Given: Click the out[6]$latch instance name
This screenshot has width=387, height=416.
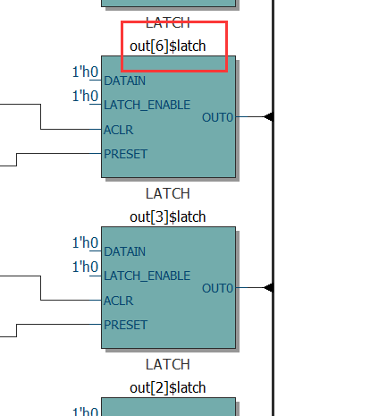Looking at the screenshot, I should [x=168, y=46].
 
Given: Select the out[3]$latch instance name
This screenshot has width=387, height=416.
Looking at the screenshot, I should [x=168, y=216].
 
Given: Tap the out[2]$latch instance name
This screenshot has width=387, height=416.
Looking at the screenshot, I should [x=168, y=387].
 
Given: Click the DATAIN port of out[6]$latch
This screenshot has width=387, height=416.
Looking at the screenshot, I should [x=125, y=81].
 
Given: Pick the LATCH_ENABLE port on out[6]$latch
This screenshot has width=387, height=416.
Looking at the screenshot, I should [x=147, y=105].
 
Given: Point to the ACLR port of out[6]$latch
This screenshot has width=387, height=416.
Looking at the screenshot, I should [x=118, y=130].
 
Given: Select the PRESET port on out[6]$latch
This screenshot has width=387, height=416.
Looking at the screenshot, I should [x=125, y=154].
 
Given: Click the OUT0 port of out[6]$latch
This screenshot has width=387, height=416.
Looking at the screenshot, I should [x=218, y=117].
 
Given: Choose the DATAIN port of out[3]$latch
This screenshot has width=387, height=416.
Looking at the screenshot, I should [x=125, y=251].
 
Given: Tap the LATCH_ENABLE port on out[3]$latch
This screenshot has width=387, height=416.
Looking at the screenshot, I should [x=147, y=276].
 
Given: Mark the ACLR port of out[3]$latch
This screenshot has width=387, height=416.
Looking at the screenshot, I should [x=118, y=301].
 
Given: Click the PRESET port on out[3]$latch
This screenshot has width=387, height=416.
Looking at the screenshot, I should [x=125, y=325].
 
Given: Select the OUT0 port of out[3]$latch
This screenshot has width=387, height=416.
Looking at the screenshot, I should [x=218, y=288].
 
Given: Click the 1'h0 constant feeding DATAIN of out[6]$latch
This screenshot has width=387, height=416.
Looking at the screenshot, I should [x=85, y=72].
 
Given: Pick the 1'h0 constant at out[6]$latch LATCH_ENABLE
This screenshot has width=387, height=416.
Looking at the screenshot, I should [x=85, y=96].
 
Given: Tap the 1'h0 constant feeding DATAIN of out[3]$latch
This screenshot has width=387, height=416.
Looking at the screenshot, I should [x=85, y=242].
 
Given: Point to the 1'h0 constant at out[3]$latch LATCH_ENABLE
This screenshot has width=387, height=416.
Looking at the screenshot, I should [x=85, y=267].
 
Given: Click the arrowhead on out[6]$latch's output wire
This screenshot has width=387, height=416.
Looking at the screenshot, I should [x=267, y=117].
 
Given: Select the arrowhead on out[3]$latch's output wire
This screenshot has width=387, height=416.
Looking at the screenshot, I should [x=267, y=288].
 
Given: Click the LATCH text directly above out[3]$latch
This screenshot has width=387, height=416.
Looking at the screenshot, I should [x=168, y=193].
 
